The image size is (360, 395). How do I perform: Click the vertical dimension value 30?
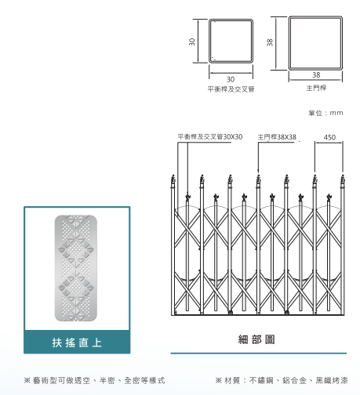pyautogui.click(x=192, y=42)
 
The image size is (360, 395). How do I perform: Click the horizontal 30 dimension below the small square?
pyautogui.click(x=231, y=79)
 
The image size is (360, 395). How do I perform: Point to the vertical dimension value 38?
pyautogui.click(x=270, y=42)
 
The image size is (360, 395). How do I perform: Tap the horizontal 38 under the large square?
pyautogui.click(x=316, y=75)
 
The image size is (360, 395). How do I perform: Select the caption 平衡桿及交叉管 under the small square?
pyautogui.click(x=231, y=89)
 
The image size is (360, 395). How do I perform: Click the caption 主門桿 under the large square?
pyautogui.click(x=316, y=88)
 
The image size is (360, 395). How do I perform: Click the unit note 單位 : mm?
pyautogui.click(x=325, y=113)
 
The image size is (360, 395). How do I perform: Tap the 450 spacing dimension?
pyautogui.click(x=329, y=137)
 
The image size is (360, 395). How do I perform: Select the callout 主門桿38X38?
pyautogui.click(x=277, y=137)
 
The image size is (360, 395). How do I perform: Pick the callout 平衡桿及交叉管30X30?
pyautogui.click(x=210, y=136)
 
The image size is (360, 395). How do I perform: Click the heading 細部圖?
pyautogui.click(x=256, y=339)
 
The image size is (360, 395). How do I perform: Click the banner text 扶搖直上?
pyautogui.click(x=77, y=342)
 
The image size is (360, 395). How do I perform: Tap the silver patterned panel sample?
pyautogui.click(x=76, y=268)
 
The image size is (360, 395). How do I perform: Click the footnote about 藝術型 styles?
pyautogui.click(x=94, y=380)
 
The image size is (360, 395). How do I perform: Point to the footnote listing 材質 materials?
pyautogui.click(x=282, y=380)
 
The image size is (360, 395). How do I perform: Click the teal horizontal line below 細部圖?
pyautogui.click(x=259, y=353)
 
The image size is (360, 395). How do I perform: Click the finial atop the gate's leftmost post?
pyautogui.click(x=173, y=179)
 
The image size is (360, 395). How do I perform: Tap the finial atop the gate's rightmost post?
pyautogui.click(x=343, y=179)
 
